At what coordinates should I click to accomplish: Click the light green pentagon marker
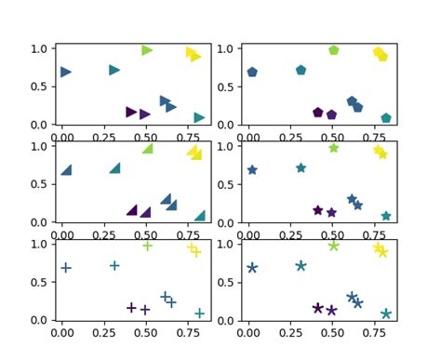coord(333,50)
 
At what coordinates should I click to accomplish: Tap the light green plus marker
coord(147,246)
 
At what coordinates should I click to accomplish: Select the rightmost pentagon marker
coord(386,118)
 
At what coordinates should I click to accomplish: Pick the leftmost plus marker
coord(66,268)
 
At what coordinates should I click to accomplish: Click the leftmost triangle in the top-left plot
coord(66,72)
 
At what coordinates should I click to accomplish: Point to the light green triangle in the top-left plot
coord(147,50)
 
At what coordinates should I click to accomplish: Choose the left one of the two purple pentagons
coord(318,113)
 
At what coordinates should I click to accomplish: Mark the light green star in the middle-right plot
coord(333,148)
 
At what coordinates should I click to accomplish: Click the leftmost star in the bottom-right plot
coord(252,268)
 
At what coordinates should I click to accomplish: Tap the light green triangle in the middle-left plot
coord(147,149)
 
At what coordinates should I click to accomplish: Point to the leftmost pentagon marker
coord(252,72)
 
